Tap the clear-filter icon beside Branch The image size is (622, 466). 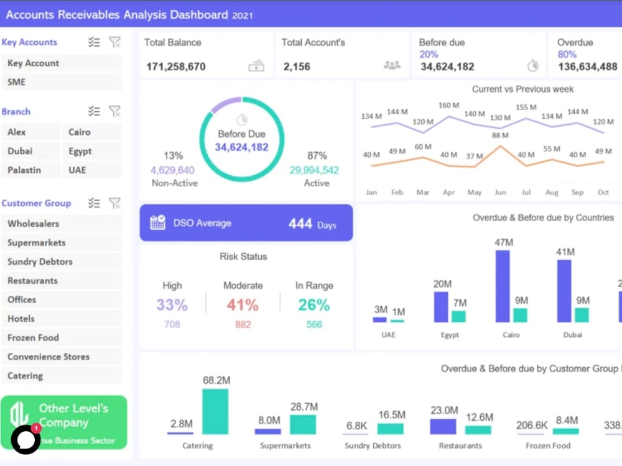point(114,111)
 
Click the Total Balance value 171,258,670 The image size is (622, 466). point(176,66)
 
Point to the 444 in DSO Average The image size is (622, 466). point(300,224)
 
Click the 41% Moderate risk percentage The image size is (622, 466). point(243,305)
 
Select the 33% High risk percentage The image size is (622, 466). point(172,305)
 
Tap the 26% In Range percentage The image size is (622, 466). point(314,305)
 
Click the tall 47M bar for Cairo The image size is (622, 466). point(503,286)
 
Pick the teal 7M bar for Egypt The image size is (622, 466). point(459,316)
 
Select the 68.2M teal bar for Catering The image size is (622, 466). point(215,411)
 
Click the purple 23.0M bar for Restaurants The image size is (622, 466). point(443,426)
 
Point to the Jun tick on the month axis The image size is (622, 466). point(500,193)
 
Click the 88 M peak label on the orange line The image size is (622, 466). point(500,135)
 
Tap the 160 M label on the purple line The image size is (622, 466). point(448,105)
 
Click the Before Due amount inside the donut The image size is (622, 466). point(241,147)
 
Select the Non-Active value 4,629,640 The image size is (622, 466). point(172,170)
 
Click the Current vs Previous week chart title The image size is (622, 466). point(522,89)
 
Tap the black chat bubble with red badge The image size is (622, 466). point(26,439)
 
